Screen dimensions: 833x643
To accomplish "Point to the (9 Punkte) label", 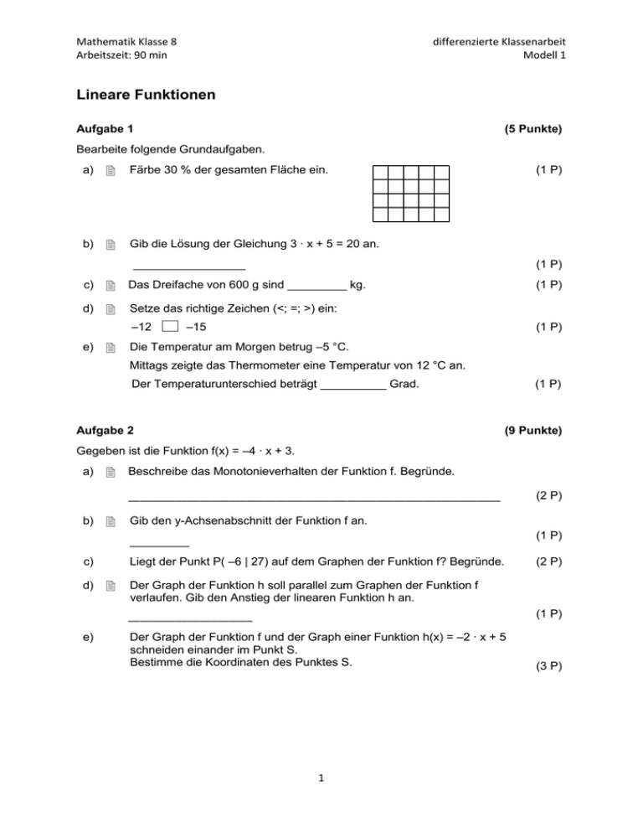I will pyautogui.click(x=532, y=431).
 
